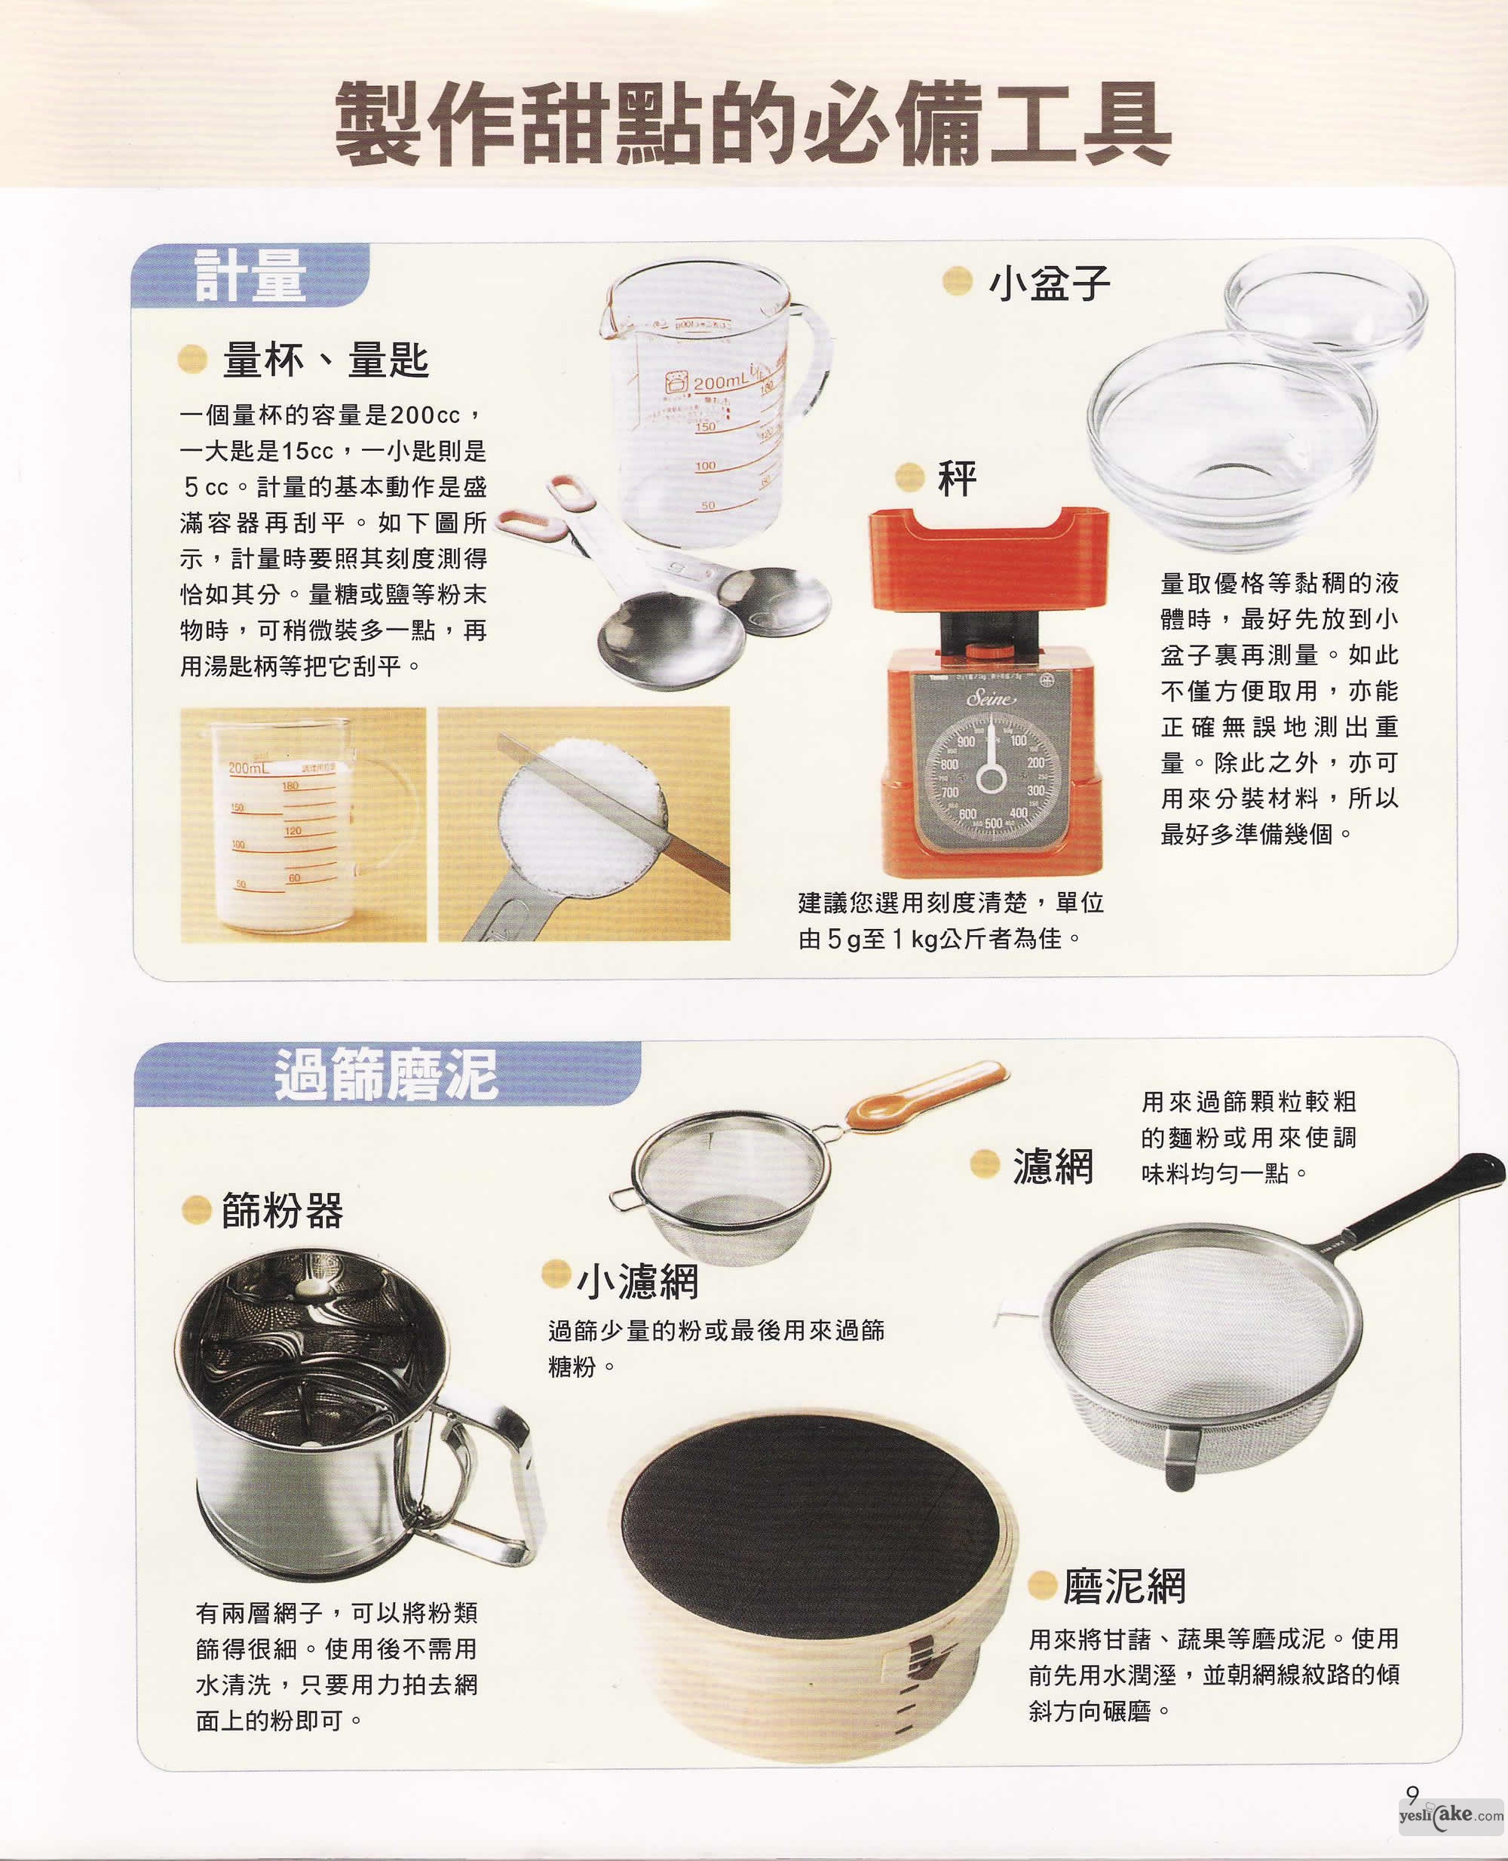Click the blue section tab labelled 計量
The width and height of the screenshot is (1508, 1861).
(x=250, y=275)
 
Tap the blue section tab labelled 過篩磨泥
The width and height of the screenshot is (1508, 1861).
(x=388, y=1074)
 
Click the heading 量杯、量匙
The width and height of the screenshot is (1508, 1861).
(x=326, y=360)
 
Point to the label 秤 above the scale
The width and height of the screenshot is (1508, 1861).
(x=958, y=479)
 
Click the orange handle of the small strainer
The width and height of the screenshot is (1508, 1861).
(x=925, y=1095)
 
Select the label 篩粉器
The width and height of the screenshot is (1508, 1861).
(x=282, y=1209)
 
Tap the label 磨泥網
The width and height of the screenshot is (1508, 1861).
(x=1124, y=1586)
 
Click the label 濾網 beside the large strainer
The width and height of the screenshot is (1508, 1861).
(x=1053, y=1165)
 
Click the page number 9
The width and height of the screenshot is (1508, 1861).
(x=1412, y=1794)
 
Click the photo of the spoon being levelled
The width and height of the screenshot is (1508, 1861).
(x=584, y=823)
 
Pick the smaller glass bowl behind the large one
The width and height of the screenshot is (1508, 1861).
(x=1325, y=308)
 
